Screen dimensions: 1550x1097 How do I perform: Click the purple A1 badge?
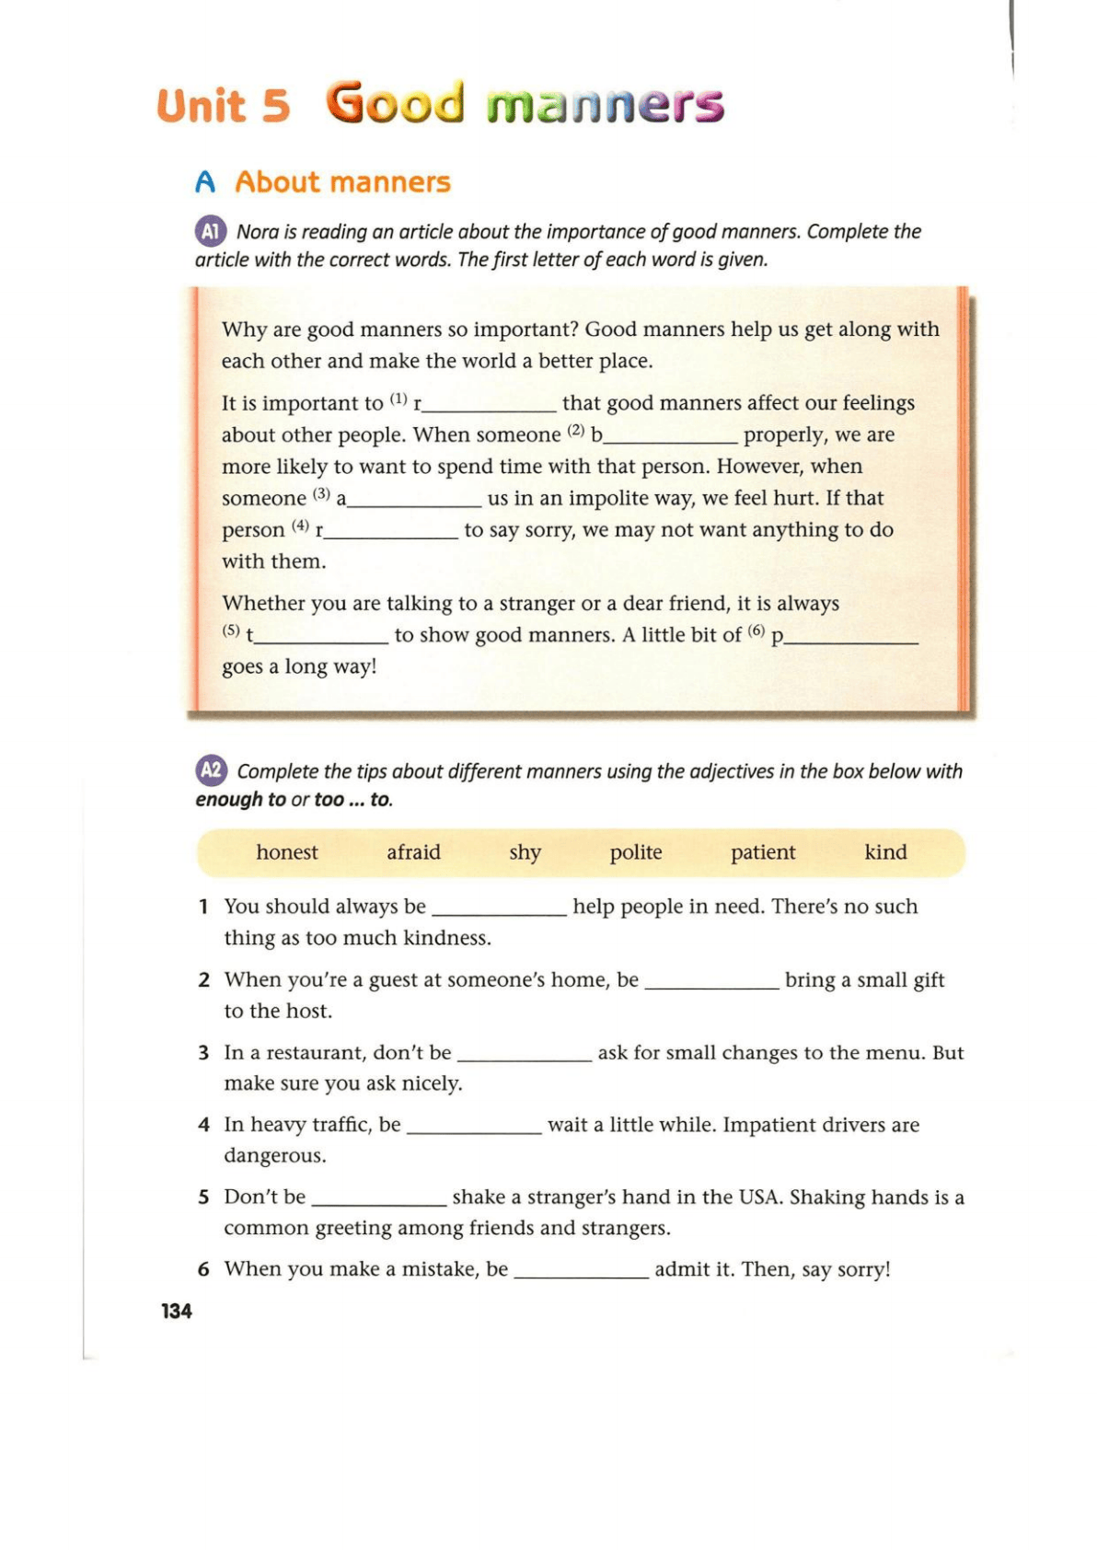click(x=211, y=231)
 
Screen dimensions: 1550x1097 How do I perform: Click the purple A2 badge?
click(x=211, y=770)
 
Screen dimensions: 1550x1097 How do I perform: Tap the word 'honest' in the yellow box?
click(x=286, y=852)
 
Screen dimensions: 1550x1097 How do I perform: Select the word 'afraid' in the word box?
click(x=413, y=852)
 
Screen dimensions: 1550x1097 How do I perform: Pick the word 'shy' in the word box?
click(x=525, y=853)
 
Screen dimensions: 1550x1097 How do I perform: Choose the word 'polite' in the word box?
click(x=635, y=852)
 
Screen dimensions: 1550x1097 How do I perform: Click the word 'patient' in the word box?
click(x=762, y=852)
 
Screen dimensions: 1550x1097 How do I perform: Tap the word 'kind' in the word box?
click(x=885, y=852)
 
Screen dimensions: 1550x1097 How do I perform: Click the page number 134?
click(x=177, y=1311)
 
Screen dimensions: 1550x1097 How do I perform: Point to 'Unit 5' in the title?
click(x=223, y=106)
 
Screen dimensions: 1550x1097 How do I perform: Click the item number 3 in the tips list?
click(x=203, y=1053)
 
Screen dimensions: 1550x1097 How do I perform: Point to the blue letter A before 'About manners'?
click(x=205, y=182)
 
